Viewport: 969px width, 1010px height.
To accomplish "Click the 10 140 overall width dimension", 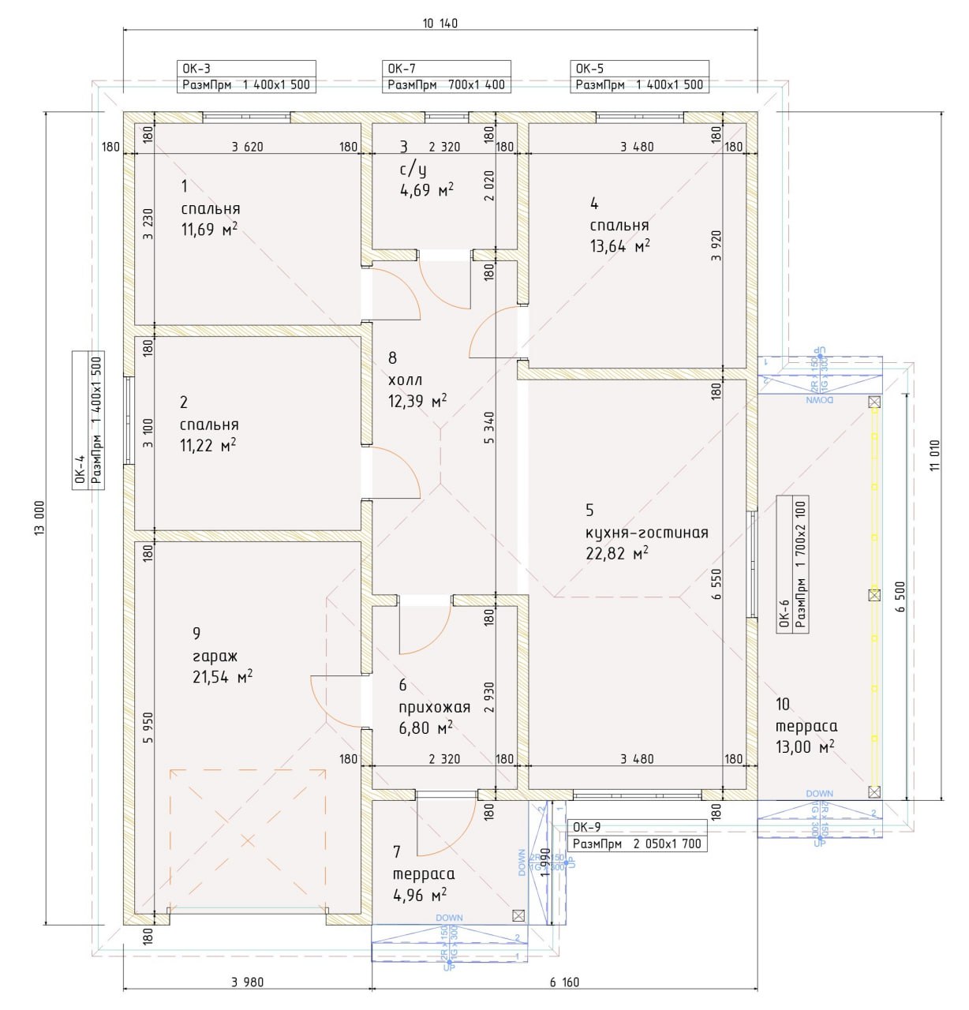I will click(x=440, y=23).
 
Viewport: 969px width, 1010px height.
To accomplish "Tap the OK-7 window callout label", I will click(x=447, y=77).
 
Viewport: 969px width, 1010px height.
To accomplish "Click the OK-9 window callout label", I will click(x=636, y=836).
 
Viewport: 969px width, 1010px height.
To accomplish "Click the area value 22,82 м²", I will click(x=617, y=553).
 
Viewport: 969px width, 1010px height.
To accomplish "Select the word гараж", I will click(x=215, y=656).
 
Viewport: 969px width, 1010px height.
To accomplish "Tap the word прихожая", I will click(x=434, y=707).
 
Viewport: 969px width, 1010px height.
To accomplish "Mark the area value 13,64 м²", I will click(x=620, y=245).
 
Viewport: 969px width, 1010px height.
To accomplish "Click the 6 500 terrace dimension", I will click(x=900, y=597).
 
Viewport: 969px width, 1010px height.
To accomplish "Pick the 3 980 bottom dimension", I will click(x=248, y=982).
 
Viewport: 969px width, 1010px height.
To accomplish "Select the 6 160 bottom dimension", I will click(x=564, y=982).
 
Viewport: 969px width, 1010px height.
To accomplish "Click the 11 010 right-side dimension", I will click(x=935, y=455).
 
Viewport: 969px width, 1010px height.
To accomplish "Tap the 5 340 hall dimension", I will click(x=490, y=428).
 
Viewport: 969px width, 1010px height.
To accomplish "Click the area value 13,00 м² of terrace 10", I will click(x=805, y=746).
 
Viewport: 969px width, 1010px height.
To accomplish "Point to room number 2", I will click(x=184, y=402).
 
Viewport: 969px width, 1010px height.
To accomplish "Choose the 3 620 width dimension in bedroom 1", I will click(x=247, y=146).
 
